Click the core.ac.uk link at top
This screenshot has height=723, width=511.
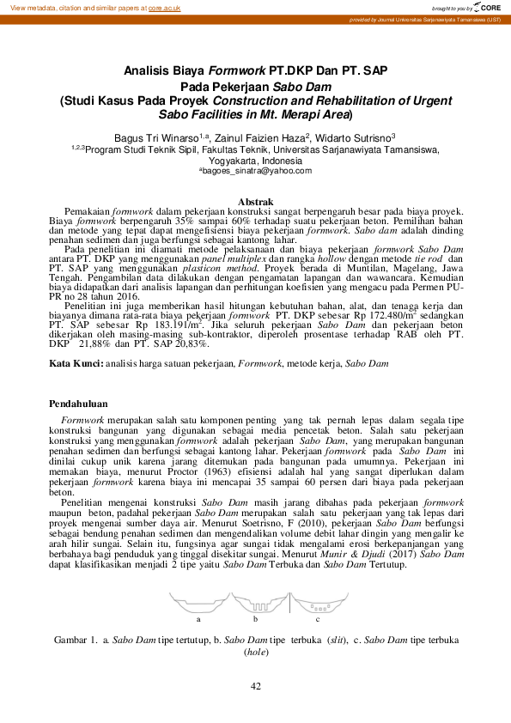tap(164, 7)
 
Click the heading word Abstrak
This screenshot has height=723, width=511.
tap(255, 201)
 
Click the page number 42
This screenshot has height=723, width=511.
tap(255, 685)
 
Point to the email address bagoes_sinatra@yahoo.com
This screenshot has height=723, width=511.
tap(255, 172)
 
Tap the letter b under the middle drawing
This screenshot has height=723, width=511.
tap(255, 617)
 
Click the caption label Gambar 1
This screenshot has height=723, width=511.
tap(76, 641)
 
